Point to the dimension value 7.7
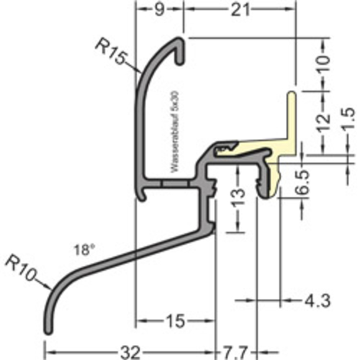pos(235,351)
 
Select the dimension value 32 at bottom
pos(130,351)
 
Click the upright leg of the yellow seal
pos(292,119)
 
